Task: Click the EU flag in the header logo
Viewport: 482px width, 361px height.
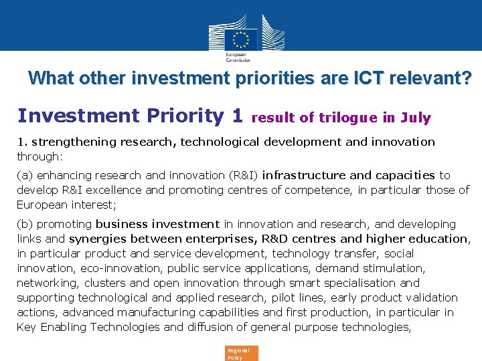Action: tap(241, 37)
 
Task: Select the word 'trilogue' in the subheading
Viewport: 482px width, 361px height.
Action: tap(347, 118)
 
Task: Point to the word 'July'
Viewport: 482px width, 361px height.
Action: tap(416, 118)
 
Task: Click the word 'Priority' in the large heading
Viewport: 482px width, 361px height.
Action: tap(181, 116)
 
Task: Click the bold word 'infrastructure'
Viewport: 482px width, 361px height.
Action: tap(303, 175)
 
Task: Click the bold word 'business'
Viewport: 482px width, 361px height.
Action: tap(124, 224)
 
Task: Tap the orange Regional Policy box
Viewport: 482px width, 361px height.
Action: tap(242, 353)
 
